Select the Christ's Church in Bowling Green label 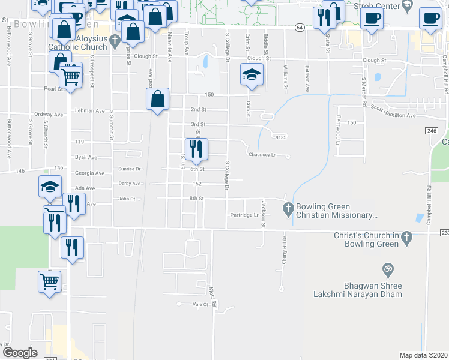(x=366, y=239)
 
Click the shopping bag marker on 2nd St (x=157, y=100)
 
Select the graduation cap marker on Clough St (x=252, y=74)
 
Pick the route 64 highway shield (x=298, y=28)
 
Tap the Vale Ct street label (x=200, y=305)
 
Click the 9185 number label (x=282, y=137)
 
